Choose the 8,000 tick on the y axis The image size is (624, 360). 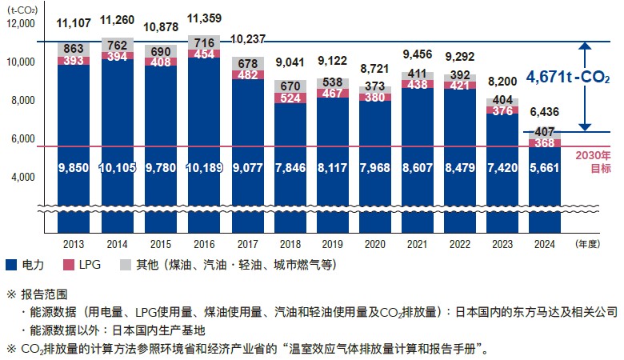pos(24,101)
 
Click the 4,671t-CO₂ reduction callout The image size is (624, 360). pos(567,78)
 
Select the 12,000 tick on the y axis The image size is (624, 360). pos(22,24)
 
